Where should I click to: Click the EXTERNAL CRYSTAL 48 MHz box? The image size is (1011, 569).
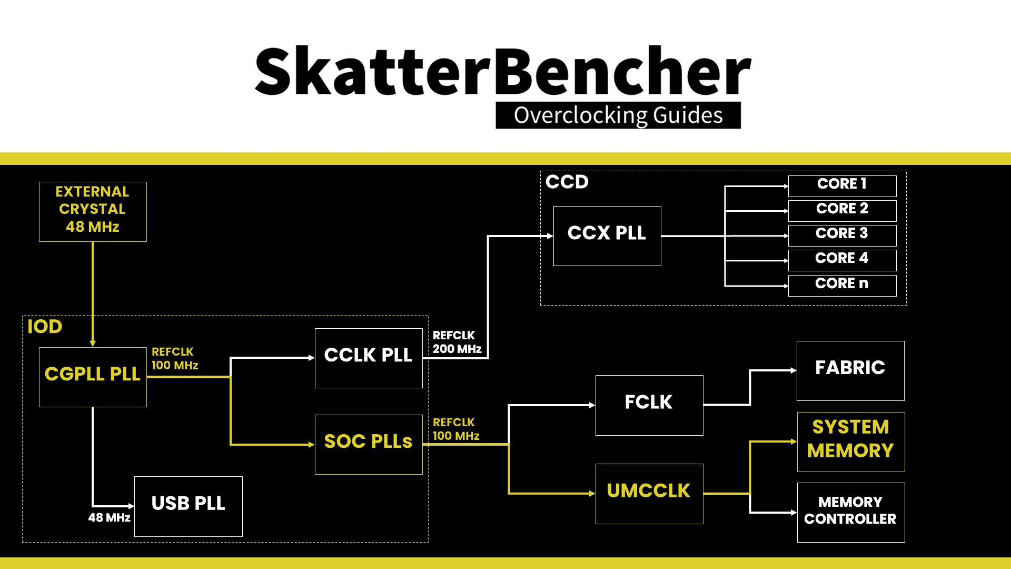click(93, 212)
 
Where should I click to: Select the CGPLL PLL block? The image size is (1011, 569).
click(93, 377)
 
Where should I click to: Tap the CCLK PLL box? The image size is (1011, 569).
click(369, 358)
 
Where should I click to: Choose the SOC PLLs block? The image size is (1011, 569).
click(369, 445)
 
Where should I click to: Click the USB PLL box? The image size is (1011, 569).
click(189, 506)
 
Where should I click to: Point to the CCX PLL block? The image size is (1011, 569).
click(607, 236)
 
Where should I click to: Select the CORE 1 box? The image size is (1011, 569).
click(842, 186)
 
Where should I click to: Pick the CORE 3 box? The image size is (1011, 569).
click(842, 236)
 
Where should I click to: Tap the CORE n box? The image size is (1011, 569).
click(842, 286)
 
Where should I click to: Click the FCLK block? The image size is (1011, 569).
click(649, 405)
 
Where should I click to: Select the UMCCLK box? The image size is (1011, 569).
click(649, 494)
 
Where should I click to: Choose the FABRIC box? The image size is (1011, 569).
click(850, 371)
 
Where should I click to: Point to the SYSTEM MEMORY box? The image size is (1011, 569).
click(851, 442)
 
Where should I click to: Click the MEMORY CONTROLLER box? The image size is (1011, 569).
click(851, 513)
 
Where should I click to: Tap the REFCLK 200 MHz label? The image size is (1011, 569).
click(457, 342)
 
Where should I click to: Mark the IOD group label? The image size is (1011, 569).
click(45, 327)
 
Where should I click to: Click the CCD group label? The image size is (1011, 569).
click(567, 182)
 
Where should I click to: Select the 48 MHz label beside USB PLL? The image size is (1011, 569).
click(110, 517)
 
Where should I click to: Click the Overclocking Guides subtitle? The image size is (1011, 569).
click(618, 115)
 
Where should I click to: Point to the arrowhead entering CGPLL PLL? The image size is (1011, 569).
click(93, 344)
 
